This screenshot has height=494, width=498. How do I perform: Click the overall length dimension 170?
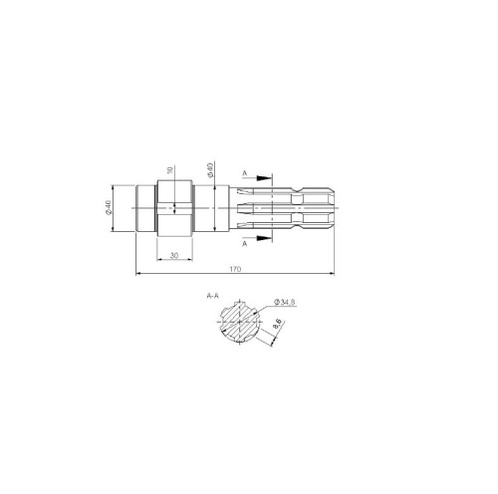tap(235, 269)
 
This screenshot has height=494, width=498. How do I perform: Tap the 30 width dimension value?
tap(174, 255)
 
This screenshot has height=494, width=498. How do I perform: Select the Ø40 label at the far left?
tap(109, 207)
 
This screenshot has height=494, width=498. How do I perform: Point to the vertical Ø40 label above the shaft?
tap(210, 170)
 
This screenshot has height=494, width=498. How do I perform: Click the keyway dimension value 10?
tap(170, 170)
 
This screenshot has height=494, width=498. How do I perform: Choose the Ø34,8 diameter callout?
tap(285, 302)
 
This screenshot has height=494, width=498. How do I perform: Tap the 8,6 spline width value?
tap(277, 324)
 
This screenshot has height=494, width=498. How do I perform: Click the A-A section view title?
tap(213, 295)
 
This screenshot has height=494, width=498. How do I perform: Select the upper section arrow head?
tap(264, 178)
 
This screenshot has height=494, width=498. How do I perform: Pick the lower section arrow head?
tap(264, 238)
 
